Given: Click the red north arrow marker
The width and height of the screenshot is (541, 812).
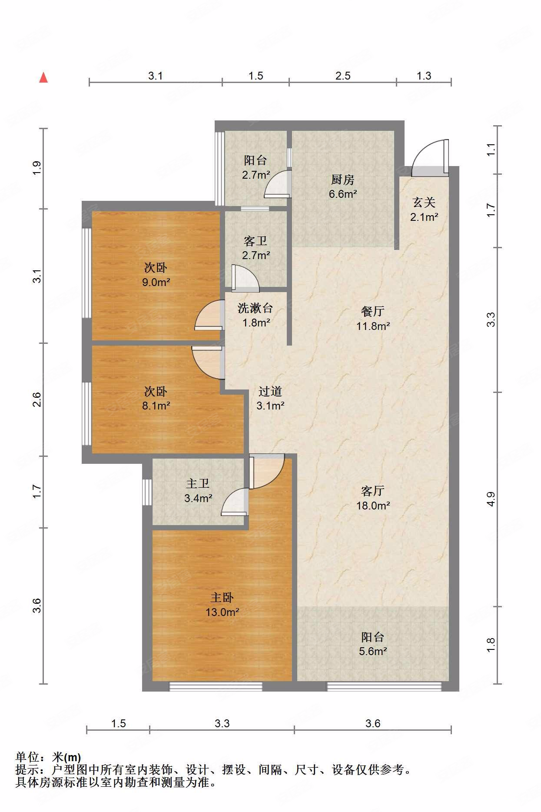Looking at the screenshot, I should [x=43, y=78].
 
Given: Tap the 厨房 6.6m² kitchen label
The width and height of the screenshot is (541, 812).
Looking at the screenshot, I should [x=342, y=186].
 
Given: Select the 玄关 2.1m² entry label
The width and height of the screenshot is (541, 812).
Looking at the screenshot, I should [x=424, y=210].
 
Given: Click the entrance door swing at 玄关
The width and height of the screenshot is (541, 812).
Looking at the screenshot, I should [x=429, y=157].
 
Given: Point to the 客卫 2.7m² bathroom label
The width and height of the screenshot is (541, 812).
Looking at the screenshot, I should [x=256, y=248].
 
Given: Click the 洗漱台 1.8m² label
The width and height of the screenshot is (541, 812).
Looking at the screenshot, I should [x=256, y=316].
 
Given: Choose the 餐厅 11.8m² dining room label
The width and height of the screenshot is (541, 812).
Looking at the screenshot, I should [x=373, y=319].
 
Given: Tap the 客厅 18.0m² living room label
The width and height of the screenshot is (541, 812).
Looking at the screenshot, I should [x=373, y=498].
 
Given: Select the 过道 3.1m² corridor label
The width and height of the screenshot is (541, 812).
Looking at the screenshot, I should [x=270, y=399].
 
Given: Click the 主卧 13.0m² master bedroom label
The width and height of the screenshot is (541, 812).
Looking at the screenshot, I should [x=222, y=605].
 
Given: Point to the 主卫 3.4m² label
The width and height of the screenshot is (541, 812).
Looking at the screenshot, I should [x=198, y=491].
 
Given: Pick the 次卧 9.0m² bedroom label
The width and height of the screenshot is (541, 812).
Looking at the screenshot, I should [x=156, y=275].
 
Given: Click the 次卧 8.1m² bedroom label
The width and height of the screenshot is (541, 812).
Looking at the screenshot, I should [x=156, y=399].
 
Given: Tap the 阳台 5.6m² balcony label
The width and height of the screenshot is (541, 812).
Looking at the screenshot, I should [x=373, y=644].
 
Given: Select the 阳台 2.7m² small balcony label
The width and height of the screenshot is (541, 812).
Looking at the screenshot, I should [x=256, y=167].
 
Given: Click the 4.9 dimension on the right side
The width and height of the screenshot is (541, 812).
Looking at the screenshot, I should [x=491, y=499].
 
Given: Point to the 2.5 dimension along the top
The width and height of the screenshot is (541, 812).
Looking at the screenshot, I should [x=342, y=76].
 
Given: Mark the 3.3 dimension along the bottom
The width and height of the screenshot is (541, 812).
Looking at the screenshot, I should [x=222, y=723].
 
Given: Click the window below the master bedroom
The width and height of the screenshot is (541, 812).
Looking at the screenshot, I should [x=216, y=686].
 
